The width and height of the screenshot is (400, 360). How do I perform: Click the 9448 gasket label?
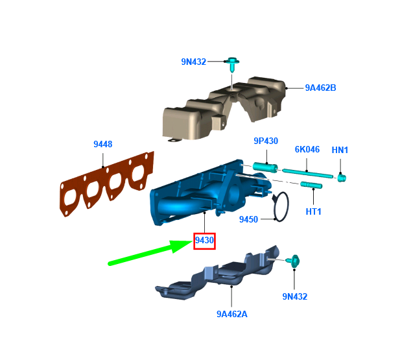click(x=103, y=144)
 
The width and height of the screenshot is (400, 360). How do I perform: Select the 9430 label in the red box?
click(x=204, y=240)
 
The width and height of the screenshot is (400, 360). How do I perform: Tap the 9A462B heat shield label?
click(x=321, y=88)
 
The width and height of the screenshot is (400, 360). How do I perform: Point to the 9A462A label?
click(x=232, y=314)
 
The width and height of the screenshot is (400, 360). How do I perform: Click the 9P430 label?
click(x=266, y=141)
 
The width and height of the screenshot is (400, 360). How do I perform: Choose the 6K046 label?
click(x=307, y=149)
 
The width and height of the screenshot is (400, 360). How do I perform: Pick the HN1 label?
click(x=340, y=150)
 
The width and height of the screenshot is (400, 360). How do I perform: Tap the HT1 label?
click(x=313, y=211)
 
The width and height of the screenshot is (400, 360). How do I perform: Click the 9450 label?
click(x=248, y=219)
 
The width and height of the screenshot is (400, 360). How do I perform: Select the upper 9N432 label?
click(x=194, y=62)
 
